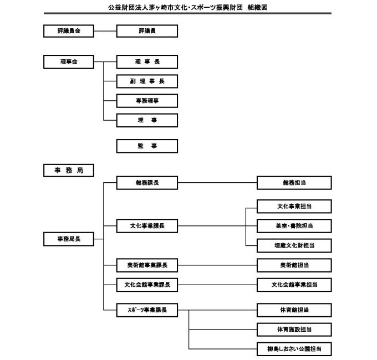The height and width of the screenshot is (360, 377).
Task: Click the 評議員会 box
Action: [69, 31]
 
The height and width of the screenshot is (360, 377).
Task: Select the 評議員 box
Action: [147, 31]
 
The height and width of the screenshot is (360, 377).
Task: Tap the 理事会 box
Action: [69, 62]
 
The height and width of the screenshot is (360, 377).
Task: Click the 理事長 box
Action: [147, 62]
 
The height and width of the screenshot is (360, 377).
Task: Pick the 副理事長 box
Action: [147, 81]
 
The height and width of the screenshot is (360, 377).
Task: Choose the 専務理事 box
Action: [147, 101]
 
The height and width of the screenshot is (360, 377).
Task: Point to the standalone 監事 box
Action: [147, 146]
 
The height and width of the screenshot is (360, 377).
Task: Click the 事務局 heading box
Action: [69, 171]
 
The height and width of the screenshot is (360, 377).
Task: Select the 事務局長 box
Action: [69, 239]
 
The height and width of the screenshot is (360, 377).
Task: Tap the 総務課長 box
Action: [147, 183]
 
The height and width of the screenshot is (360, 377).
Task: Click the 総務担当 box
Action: [294, 183]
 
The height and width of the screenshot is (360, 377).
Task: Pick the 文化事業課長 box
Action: [147, 226]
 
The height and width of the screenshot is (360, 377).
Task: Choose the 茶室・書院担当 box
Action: [294, 226]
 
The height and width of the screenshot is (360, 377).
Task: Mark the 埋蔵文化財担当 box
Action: [294, 245]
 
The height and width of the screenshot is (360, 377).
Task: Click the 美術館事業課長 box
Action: [147, 265]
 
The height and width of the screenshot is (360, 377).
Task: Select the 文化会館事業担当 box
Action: [294, 285]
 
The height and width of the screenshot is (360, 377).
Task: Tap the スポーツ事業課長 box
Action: [147, 310]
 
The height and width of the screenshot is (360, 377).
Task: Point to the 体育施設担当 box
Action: [294, 330]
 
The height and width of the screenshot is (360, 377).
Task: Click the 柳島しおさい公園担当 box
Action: [294, 349]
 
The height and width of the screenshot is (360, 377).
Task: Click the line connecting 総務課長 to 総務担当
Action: [217, 183]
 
